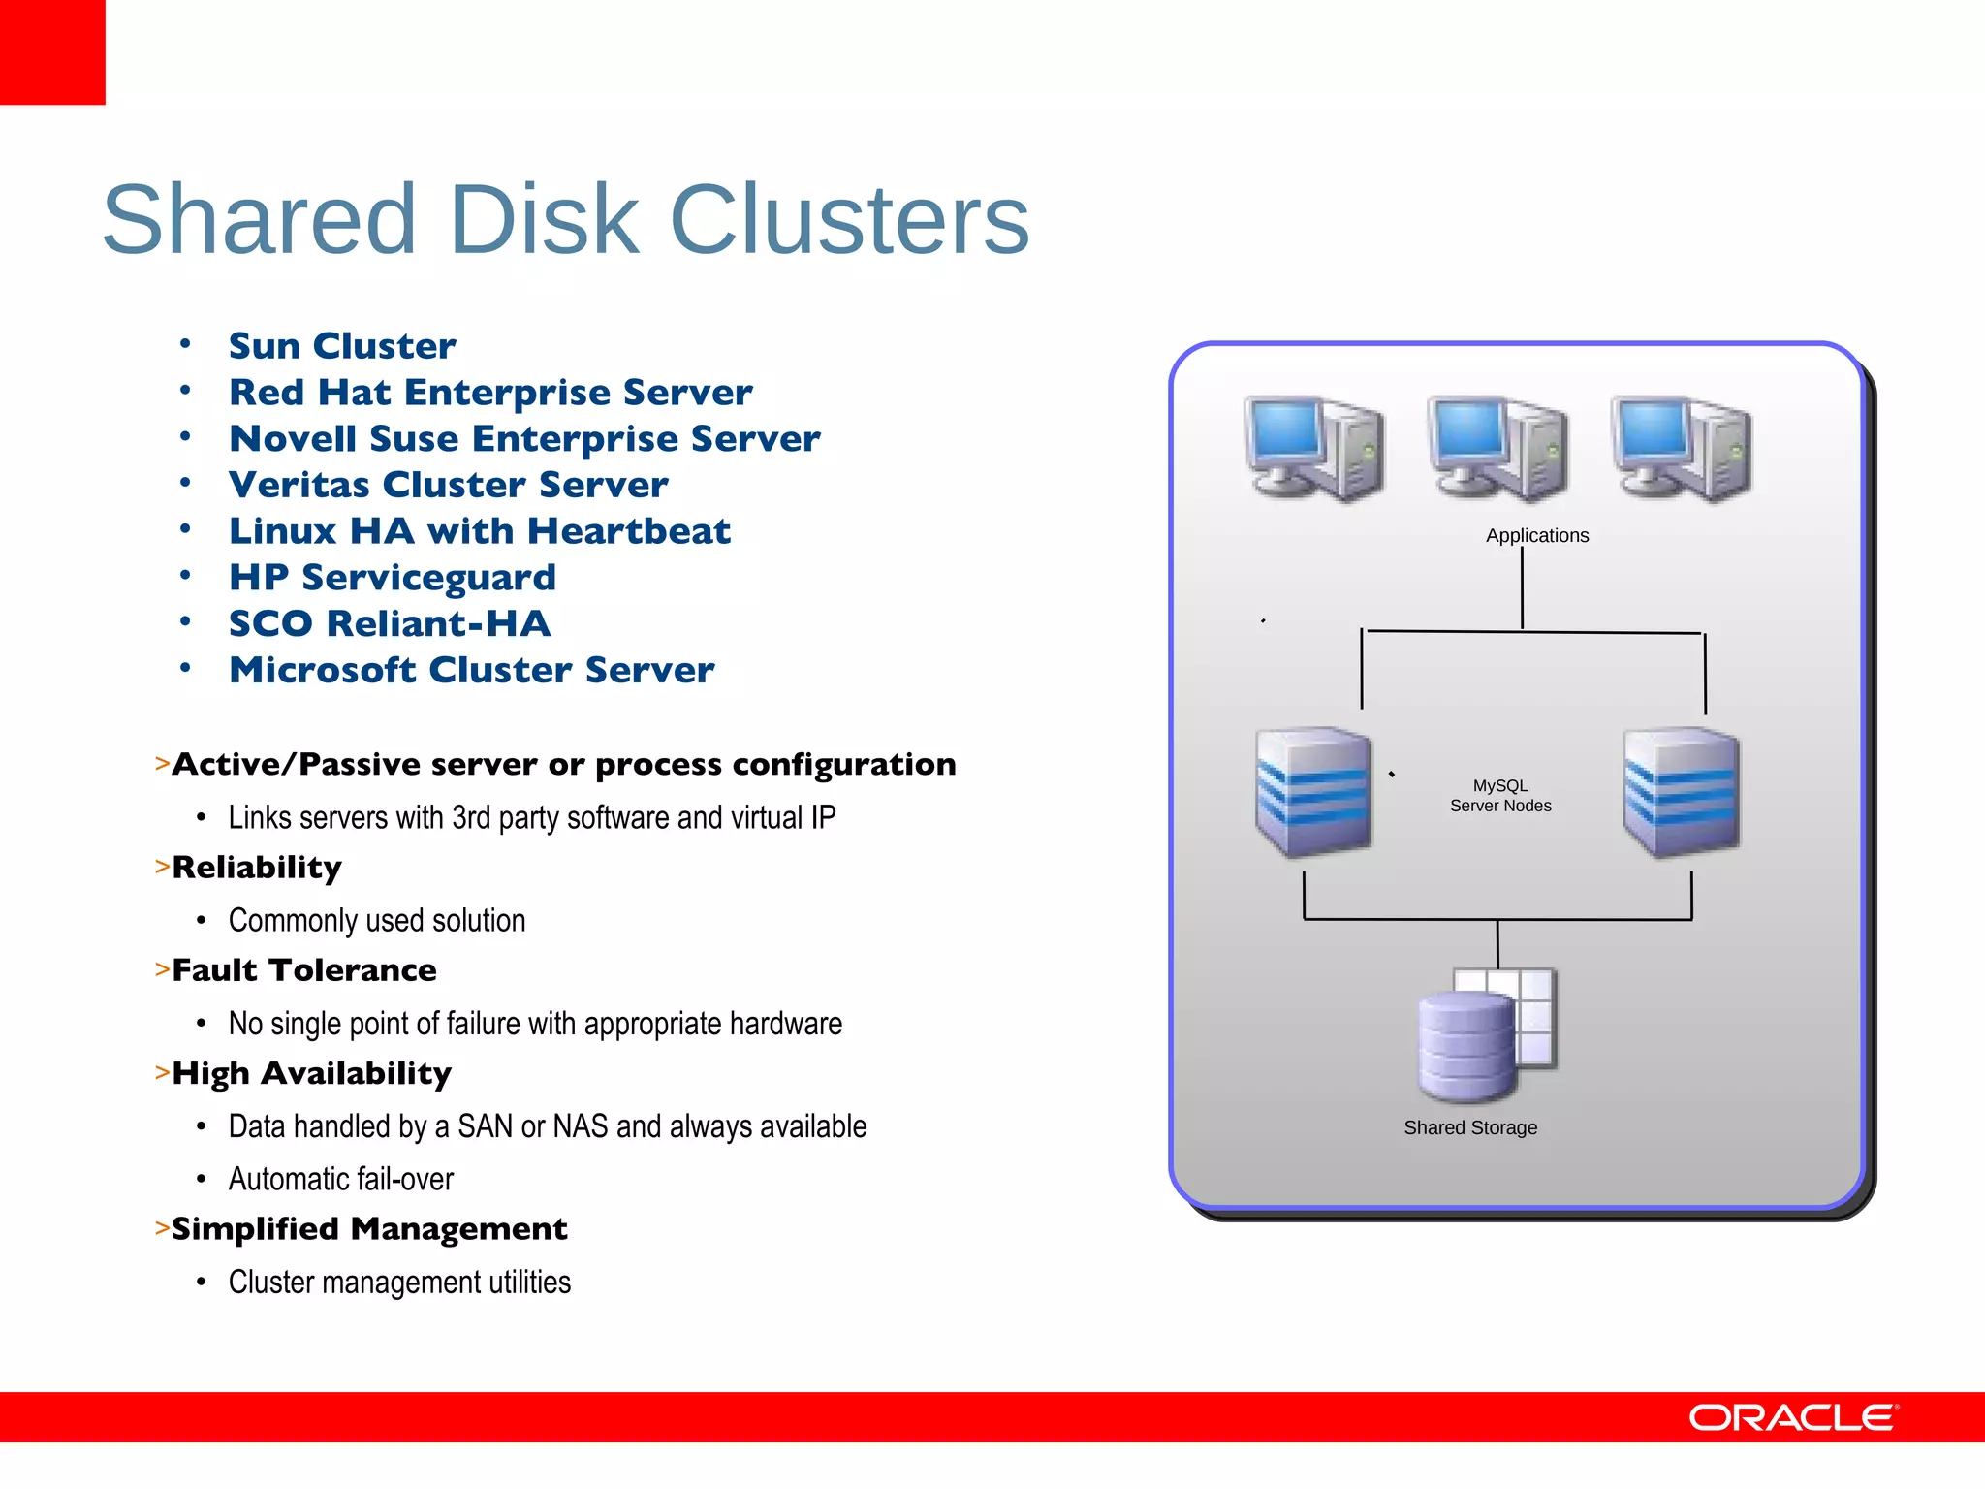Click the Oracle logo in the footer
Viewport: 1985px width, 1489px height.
click(1793, 1417)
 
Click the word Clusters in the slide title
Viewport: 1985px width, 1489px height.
click(849, 220)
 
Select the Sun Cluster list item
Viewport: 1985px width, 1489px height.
click(342, 346)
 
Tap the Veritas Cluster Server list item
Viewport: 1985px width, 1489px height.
click(448, 485)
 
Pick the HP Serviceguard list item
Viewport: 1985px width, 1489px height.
click(393, 578)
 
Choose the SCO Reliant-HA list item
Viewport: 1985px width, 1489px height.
click(390, 623)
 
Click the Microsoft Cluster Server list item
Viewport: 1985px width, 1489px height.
click(471, 670)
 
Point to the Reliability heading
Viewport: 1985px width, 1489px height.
click(257, 868)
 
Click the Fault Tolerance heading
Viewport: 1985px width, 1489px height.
click(304, 970)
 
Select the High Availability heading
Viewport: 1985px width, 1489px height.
click(311, 1073)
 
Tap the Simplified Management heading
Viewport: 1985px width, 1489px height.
click(369, 1229)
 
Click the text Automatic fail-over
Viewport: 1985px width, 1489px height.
click(341, 1180)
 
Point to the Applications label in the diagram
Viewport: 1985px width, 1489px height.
click(1537, 535)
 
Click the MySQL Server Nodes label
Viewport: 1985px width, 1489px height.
click(1500, 796)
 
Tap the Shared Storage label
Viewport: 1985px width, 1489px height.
click(1470, 1127)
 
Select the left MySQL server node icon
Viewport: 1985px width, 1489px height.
click(1313, 792)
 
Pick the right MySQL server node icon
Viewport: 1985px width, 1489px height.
click(1682, 792)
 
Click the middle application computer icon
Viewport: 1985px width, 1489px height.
click(1497, 448)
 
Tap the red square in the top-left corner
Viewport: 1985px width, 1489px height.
click(52, 51)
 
